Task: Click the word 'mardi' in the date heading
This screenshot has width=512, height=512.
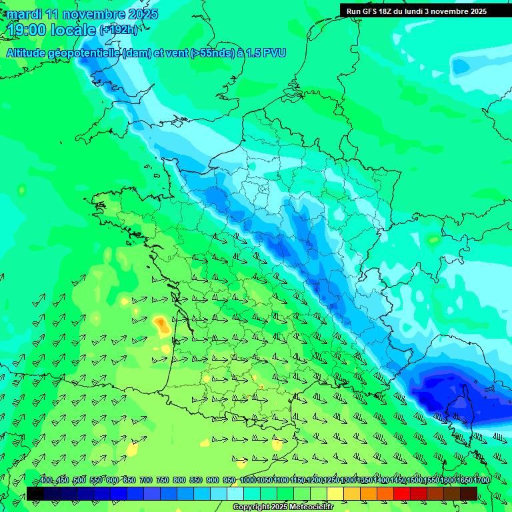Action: pos(24,14)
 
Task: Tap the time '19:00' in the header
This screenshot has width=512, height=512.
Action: pos(27,30)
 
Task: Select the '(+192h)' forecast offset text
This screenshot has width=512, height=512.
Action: pos(119,30)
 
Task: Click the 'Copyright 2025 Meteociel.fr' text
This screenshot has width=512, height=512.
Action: pos(283,507)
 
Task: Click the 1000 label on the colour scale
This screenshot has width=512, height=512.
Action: pos(247,481)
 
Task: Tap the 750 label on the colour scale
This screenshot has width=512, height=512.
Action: pos(163,481)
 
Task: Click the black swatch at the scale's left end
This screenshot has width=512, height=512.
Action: pos(35,493)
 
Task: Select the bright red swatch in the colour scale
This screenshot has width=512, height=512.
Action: pos(402,493)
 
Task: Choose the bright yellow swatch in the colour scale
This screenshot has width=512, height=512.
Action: pos(335,493)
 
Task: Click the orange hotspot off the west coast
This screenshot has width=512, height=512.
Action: pos(161,324)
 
